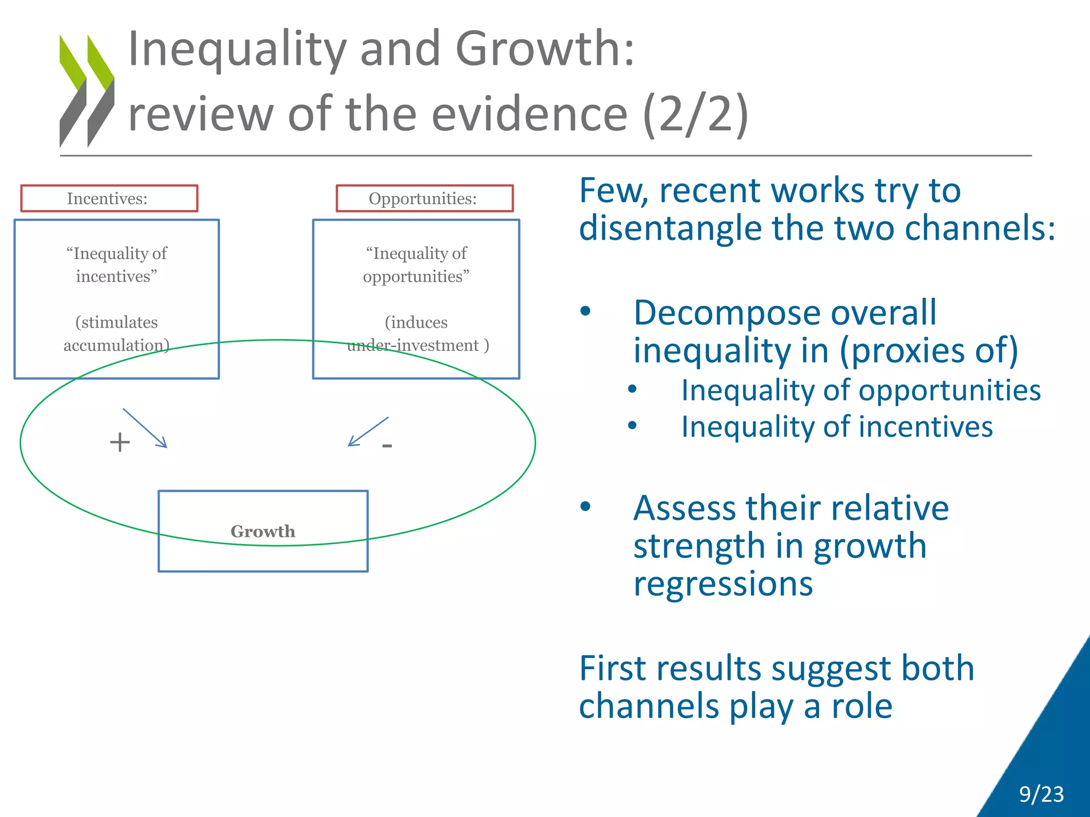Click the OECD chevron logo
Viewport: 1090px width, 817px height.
coord(87,90)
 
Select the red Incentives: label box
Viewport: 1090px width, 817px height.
coord(109,198)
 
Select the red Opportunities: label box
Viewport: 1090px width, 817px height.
coord(424,198)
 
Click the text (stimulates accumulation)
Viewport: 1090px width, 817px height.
coord(117,334)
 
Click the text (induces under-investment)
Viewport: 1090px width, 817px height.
coord(417,334)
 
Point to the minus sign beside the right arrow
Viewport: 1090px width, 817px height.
coord(387,445)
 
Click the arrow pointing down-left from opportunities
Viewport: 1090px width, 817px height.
coord(368,431)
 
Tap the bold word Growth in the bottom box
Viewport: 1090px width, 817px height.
coord(263,531)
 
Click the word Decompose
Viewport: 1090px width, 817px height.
coord(728,313)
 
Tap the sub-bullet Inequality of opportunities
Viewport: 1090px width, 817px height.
coord(861,390)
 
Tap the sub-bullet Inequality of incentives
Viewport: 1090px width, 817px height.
coord(837,427)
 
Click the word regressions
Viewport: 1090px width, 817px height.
coord(723,584)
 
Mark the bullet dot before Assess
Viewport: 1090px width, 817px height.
coord(585,506)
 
